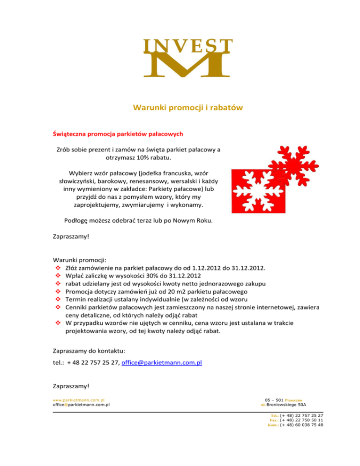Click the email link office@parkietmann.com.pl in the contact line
point(161,363)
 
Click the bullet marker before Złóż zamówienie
point(56,268)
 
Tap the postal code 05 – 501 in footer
point(275,399)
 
